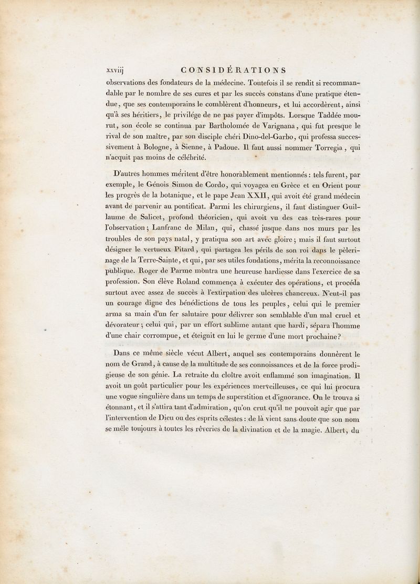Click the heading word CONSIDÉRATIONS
pos(233,69)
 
